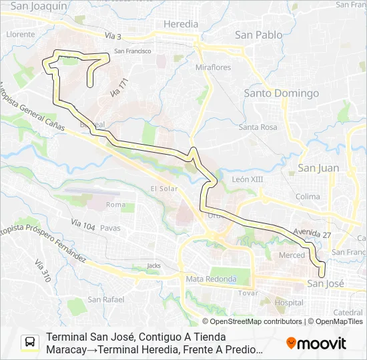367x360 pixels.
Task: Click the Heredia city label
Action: coord(180,24)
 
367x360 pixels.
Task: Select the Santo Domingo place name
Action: coord(281,93)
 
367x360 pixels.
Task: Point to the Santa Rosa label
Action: coord(258,127)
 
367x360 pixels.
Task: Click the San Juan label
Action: coord(318,168)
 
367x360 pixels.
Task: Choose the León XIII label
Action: coord(248,179)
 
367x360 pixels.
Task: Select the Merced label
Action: coord(292,255)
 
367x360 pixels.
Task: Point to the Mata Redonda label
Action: coord(211,279)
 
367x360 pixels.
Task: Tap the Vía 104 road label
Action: coord(83,225)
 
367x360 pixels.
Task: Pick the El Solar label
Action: coord(163,188)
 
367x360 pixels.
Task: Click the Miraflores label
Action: coord(213,68)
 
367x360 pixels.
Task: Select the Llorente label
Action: coord(20,33)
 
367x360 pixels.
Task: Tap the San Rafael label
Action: coord(106,299)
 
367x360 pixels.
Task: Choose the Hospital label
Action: coord(288,302)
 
